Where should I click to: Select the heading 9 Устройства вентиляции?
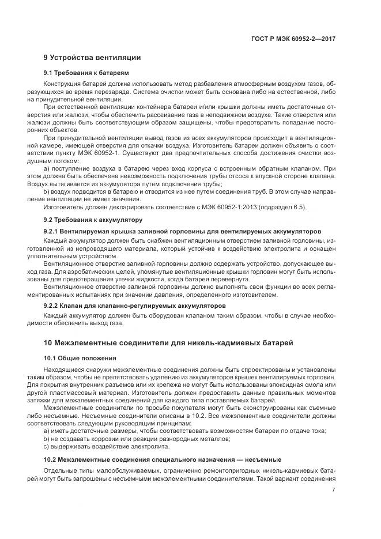point(92,58)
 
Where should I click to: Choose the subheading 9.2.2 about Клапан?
point(134,305)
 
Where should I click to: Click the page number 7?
point(334,490)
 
